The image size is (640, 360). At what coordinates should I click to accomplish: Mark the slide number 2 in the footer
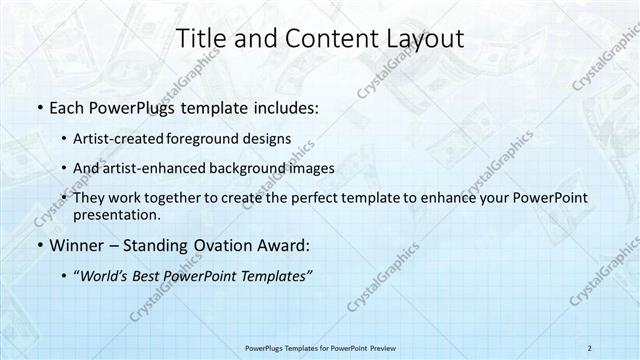pos(589,347)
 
